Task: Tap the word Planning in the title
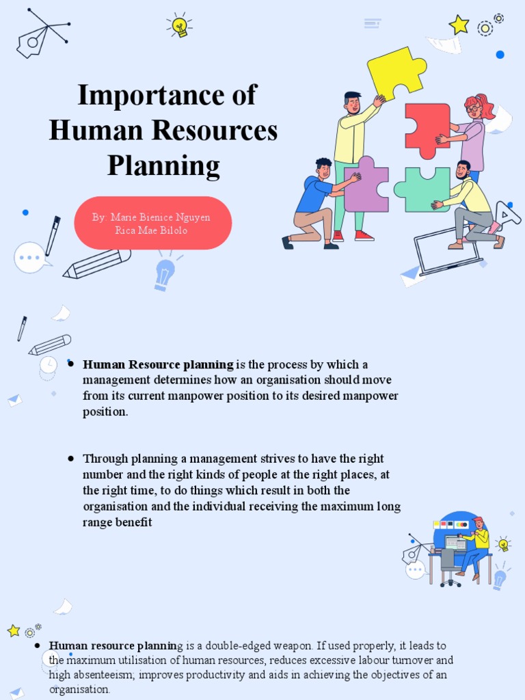pos(163,165)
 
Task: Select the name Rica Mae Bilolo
pos(151,230)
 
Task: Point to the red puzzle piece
pos(427,130)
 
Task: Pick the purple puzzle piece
pos(366,185)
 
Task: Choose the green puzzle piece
pos(422,189)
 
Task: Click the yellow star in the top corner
pos(459,25)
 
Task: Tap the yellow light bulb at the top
pos(179,26)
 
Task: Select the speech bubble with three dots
pos(30,258)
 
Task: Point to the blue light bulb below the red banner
pos(165,273)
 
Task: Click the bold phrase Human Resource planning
pos(158,364)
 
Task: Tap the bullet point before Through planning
pos(70,458)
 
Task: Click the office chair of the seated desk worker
pos(448,567)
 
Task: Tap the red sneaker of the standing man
pos(364,236)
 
